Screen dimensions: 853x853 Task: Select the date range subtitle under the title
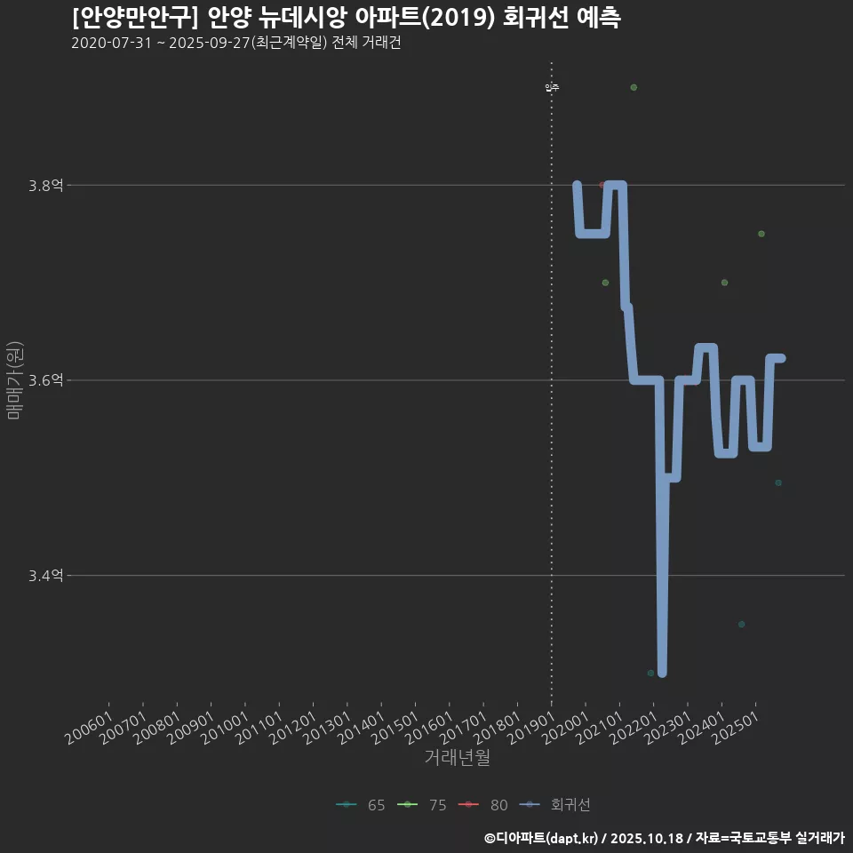235,43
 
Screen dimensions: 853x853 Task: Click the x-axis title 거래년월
457,757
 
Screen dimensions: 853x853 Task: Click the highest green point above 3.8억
634,87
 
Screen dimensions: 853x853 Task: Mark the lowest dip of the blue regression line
661,672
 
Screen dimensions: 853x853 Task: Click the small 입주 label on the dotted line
552,87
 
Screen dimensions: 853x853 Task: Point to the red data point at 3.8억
602,185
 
